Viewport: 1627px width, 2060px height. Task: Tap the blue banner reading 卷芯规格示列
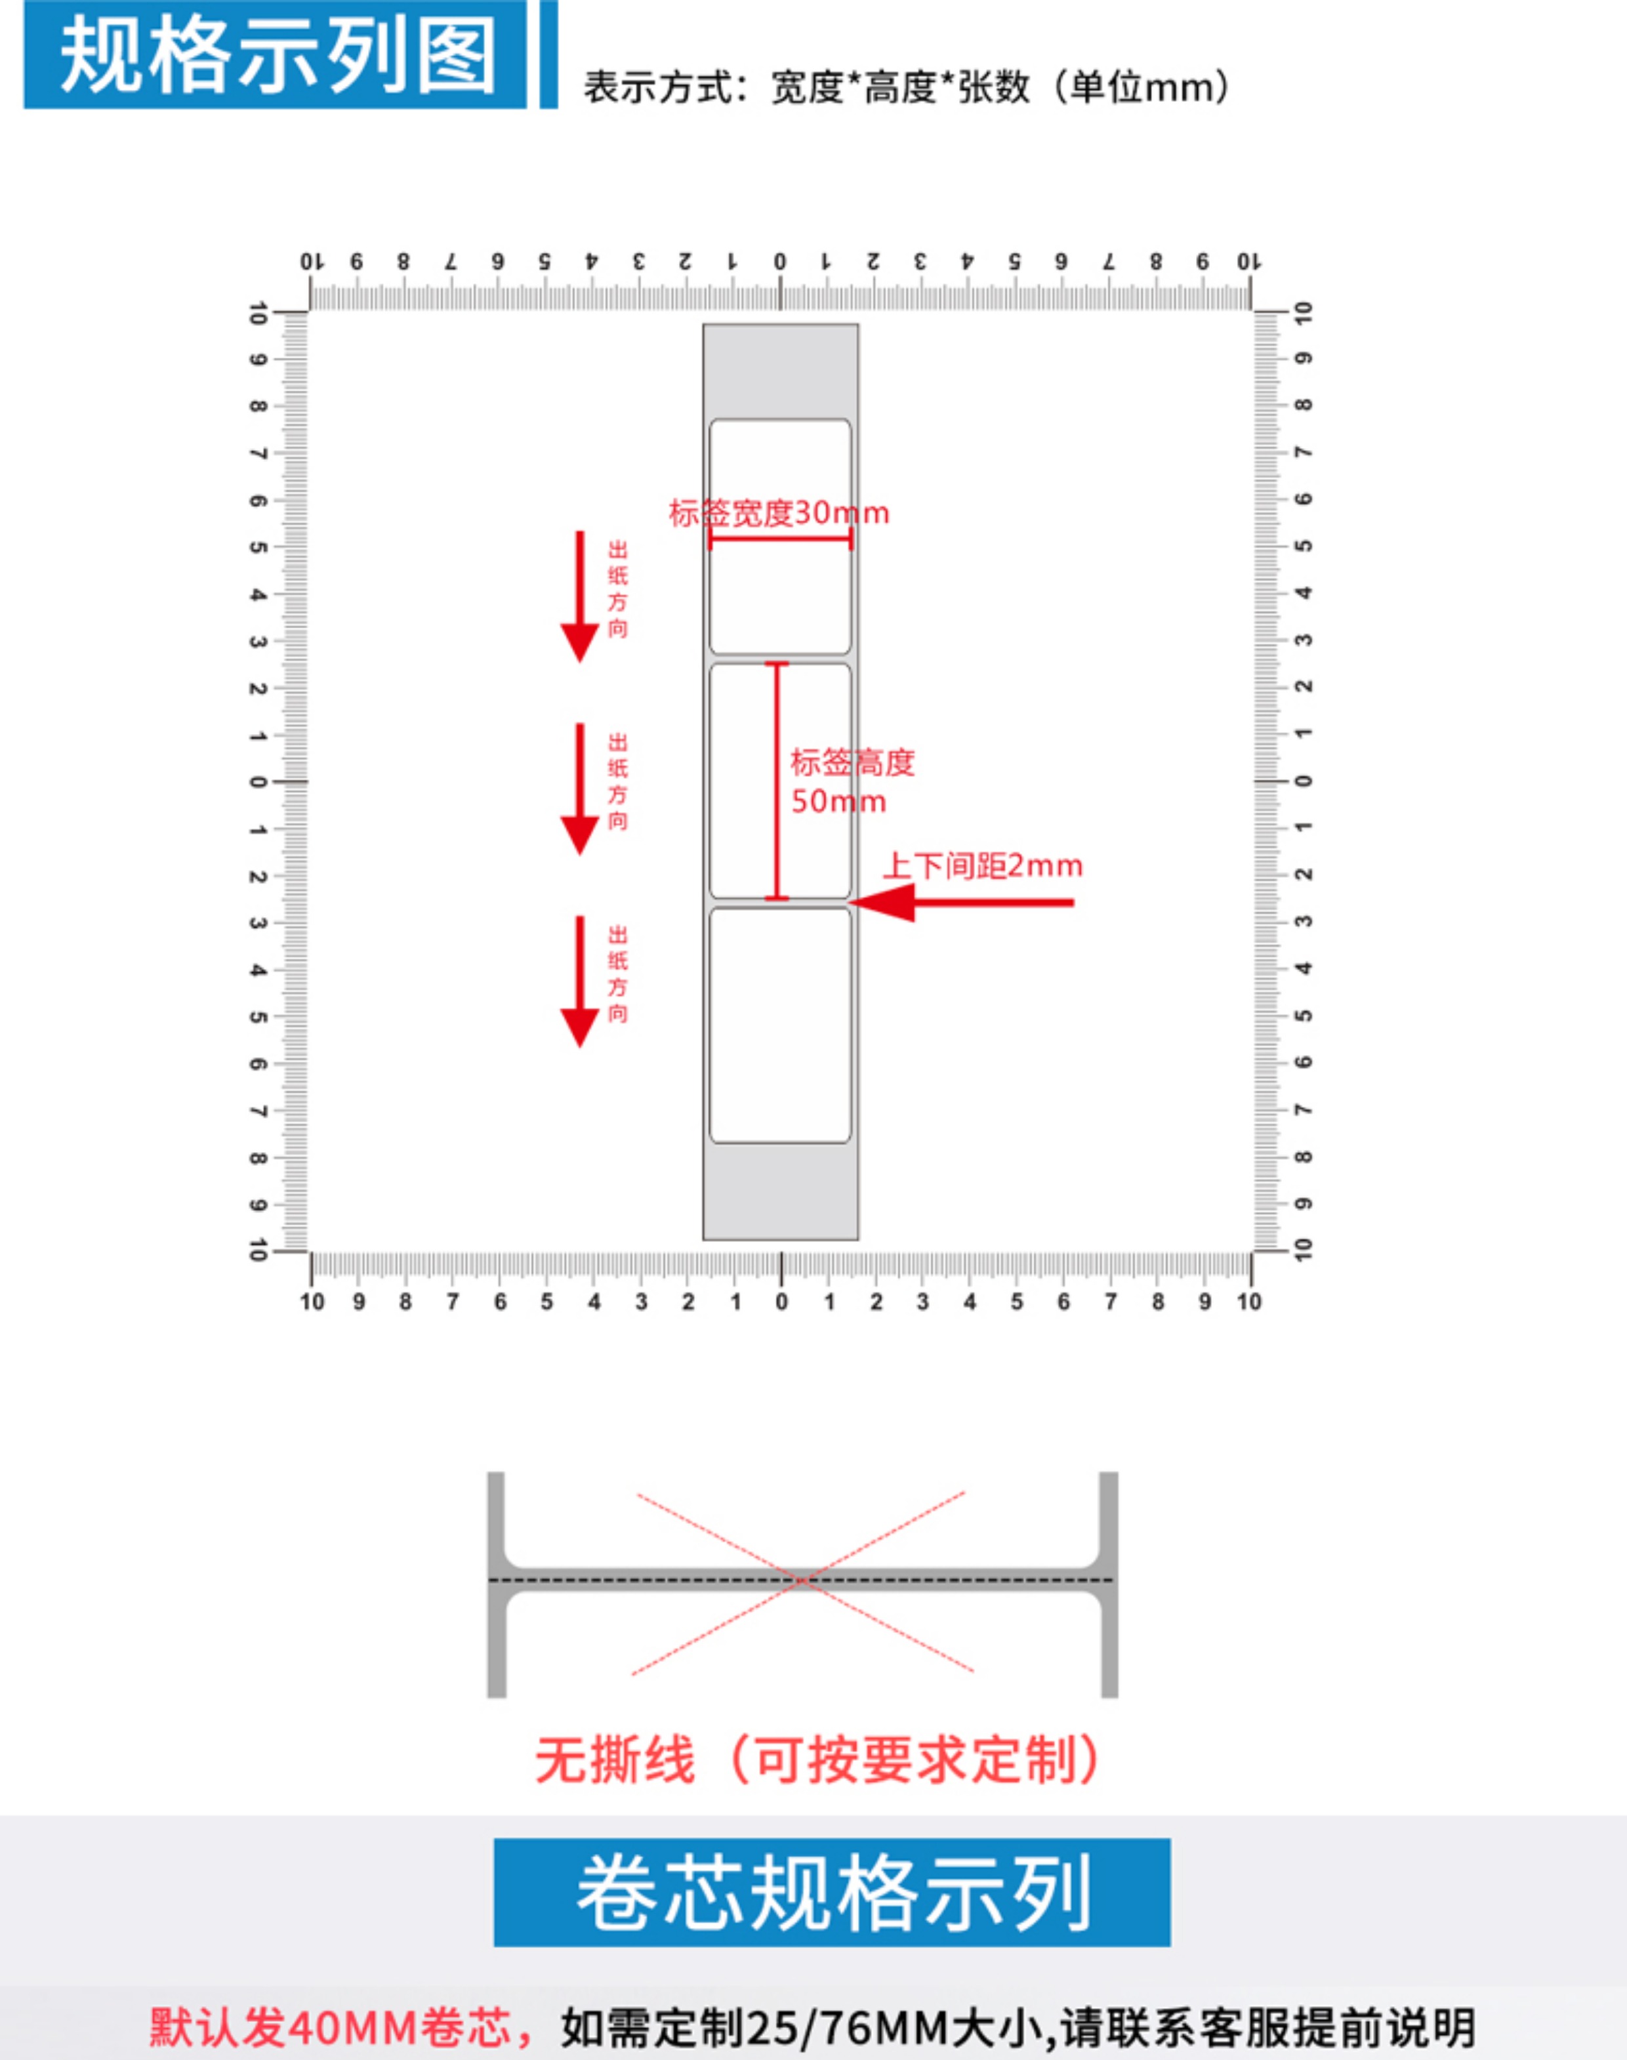pyautogui.click(x=832, y=1893)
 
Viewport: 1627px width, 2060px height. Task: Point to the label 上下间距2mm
pyautogui.click(x=982, y=866)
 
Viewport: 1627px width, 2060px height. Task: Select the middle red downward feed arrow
pyautogui.click(x=579, y=789)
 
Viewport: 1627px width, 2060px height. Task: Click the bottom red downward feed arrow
pyautogui.click(x=579, y=981)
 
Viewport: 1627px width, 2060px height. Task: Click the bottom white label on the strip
pyautogui.click(x=780, y=1025)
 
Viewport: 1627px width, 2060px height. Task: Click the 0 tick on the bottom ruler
pyautogui.click(x=781, y=1301)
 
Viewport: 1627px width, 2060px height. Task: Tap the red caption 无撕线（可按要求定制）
pyautogui.click(x=818, y=1761)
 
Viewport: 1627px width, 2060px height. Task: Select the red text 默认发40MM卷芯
pyautogui.click(x=331, y=2028)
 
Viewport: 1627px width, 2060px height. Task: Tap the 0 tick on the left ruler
pyautogui.click(x=257, y=782)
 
